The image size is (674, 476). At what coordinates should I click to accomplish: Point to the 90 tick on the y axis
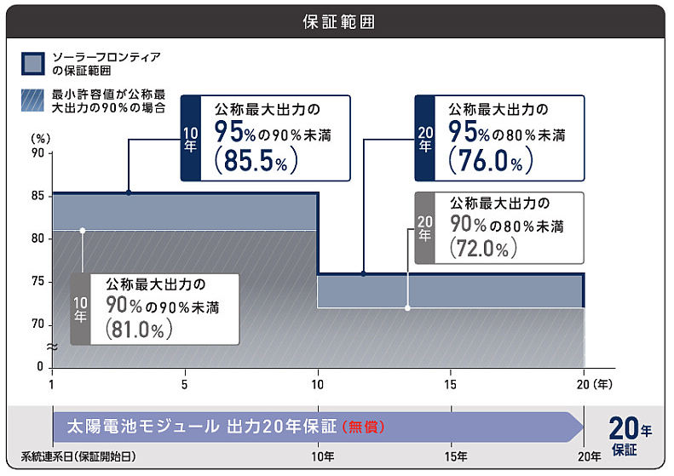point(37,153)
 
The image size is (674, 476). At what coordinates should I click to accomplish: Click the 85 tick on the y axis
point(37,196)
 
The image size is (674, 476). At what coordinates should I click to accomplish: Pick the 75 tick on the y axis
point(37,281)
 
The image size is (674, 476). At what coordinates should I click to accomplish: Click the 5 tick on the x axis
point(185,383)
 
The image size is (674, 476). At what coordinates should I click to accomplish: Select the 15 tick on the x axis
point(451,383)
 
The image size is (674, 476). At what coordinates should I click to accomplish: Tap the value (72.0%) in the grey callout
point(478,248)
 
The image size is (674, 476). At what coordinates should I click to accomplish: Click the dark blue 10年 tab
point(191,138)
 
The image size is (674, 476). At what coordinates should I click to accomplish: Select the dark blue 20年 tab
point(425,138)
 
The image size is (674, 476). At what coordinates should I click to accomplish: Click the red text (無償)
point(369,427)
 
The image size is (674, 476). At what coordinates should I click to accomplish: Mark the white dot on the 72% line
point(407,307)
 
